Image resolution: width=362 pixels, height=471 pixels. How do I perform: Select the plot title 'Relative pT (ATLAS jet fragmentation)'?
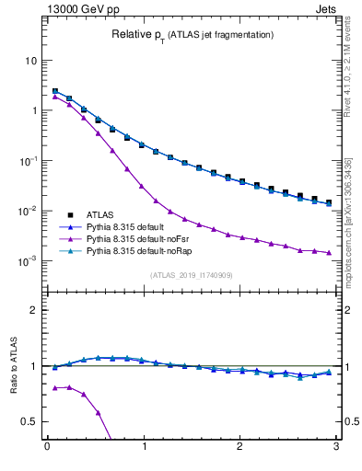(x=192, y=34)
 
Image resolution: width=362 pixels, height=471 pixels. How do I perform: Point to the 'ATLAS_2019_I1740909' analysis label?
(x=191, y=275)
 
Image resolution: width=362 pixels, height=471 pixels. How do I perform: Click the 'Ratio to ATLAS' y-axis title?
(x=12, y=391)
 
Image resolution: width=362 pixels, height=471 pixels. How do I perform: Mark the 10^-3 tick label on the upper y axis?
(x=27, y=260)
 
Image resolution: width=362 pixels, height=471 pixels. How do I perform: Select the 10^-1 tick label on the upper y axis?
(x=27, y=160)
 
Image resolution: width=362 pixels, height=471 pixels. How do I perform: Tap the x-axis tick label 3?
(x=336, y=452)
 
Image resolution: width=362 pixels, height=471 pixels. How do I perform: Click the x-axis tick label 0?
(x=47, y=452)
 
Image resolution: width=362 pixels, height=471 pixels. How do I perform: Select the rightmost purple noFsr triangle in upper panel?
(x=329, y=253)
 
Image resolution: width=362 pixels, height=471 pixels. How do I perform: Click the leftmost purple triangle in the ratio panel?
(x=55, y=388)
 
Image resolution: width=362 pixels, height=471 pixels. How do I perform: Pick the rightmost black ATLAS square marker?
(x=329, y=202)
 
